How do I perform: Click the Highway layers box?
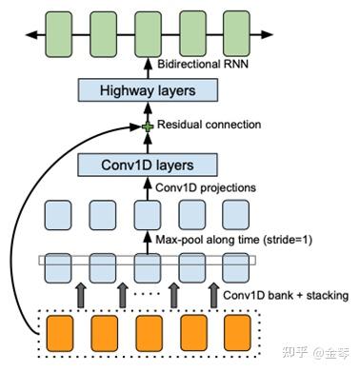tap(148, 90)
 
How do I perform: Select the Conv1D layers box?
tap(148, 164)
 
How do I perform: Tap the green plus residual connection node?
tap(147, 127)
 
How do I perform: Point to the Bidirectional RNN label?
tap(206, 65)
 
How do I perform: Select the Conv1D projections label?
tap(205, 187)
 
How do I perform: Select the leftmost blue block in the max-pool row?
tap(58, 214)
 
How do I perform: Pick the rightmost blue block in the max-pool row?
tap(236, 214)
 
